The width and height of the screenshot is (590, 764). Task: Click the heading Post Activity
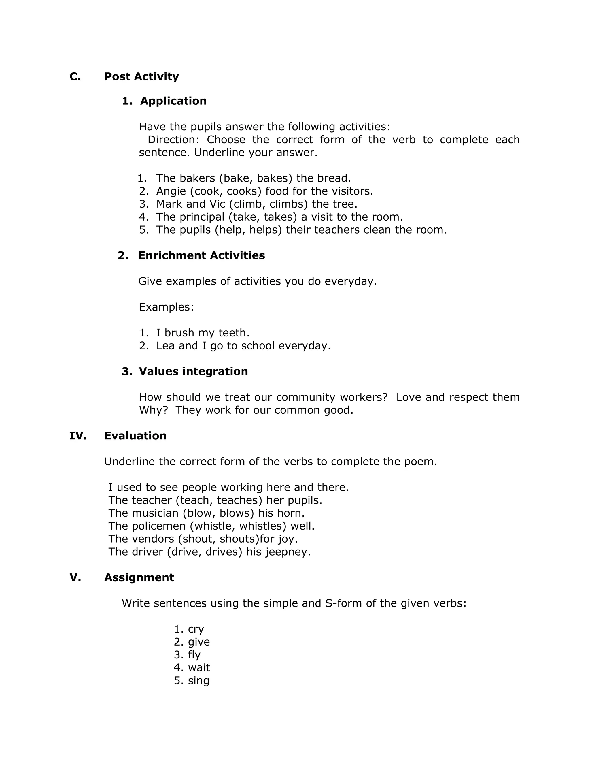141,77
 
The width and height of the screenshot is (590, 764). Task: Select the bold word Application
173,101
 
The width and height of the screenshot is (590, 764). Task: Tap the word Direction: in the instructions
173,140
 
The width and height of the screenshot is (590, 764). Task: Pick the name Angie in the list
171,191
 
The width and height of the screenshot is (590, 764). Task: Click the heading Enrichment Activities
201,256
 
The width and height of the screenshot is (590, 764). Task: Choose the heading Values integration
193,372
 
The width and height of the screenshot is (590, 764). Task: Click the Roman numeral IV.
78,436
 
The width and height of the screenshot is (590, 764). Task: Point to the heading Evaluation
135,436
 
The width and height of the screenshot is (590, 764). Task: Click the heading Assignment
139,577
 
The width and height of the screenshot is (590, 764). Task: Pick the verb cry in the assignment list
196,629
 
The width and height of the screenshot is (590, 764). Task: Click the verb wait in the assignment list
198,668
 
